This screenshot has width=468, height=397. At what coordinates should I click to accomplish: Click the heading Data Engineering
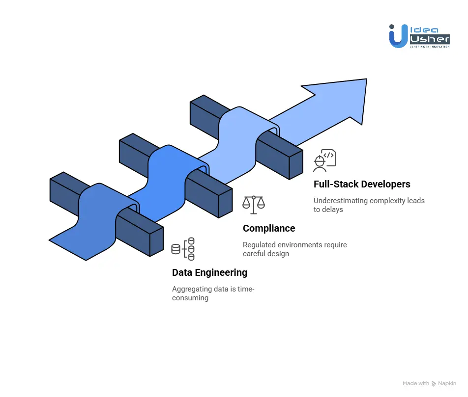point(209,272)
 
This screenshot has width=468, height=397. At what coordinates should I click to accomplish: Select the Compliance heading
point(269,228)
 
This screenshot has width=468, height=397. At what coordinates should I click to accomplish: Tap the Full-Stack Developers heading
point(362,185)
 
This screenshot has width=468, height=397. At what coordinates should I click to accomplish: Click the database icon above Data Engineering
point(183,249)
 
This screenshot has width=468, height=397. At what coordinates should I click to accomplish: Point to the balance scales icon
point(253,205)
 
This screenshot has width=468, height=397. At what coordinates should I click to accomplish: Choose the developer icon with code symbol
point(324,160)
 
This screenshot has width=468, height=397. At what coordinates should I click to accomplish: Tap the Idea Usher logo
point(419,36)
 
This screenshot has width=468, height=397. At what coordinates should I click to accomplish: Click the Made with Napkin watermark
point(429,383)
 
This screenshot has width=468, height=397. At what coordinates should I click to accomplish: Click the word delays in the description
point(335,210)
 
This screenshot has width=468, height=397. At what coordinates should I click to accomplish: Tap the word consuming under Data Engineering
point(190,298)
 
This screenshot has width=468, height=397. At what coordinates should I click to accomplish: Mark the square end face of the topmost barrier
point(296,164)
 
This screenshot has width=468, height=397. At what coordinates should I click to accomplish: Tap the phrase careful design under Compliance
point(266,254)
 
